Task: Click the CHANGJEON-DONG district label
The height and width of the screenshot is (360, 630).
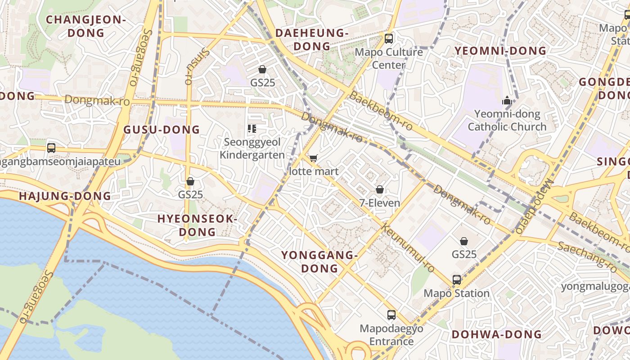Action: [85, 26]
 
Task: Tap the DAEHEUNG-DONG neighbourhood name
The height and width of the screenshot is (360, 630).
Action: [312, 40]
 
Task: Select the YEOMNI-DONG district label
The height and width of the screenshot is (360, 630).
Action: [500, 51]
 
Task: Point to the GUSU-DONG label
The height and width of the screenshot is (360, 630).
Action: [162, 130]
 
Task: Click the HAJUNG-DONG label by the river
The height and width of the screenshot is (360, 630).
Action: [65, 196]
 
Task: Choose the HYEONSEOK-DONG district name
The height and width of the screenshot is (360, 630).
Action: [197, 225]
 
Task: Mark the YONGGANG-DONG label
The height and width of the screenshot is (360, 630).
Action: [319, 262]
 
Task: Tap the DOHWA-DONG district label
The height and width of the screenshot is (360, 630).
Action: [496, 334]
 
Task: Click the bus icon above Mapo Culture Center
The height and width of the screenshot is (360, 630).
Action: [389, 39]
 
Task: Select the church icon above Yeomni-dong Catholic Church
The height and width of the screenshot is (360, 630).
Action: [507, 101]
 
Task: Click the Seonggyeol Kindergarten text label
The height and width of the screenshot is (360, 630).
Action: [254, 148]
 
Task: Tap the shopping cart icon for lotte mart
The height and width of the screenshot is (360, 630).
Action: [313, 158]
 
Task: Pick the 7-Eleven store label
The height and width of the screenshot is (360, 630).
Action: [379, 203]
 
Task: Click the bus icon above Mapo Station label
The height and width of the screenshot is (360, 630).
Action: [457, 280]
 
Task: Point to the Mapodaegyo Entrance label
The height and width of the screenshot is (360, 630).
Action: [391, 335]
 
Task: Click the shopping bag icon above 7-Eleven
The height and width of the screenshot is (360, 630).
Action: [379, 189]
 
